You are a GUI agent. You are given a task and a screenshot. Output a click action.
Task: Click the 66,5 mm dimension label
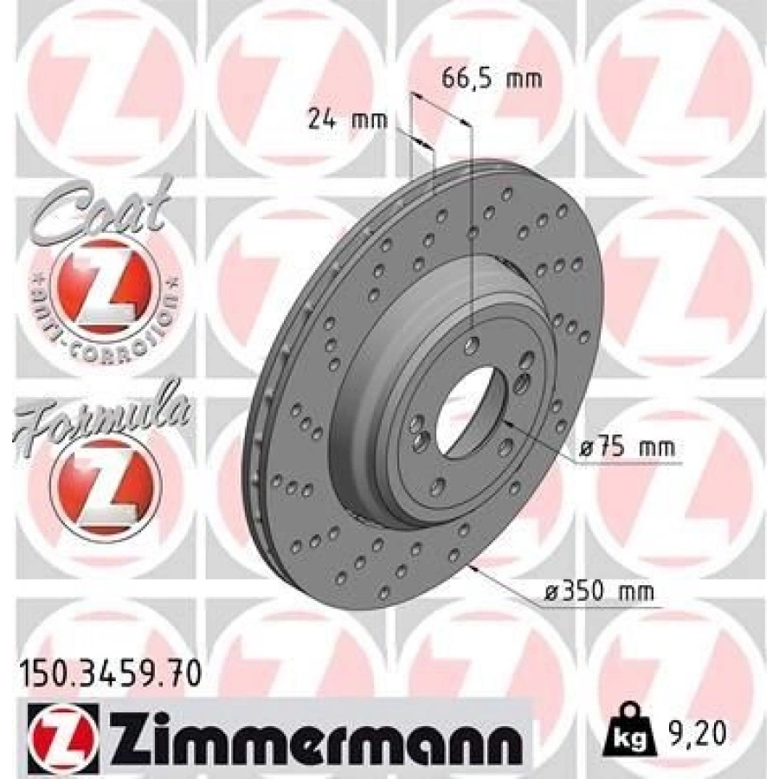point(492,80)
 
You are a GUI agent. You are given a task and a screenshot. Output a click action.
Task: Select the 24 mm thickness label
point(346,119)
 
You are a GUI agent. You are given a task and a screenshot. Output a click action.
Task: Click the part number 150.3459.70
point(109,672)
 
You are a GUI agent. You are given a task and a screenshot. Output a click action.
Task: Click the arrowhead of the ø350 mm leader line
point(474,570)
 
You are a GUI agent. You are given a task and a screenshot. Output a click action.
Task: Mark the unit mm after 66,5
point(524,80)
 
